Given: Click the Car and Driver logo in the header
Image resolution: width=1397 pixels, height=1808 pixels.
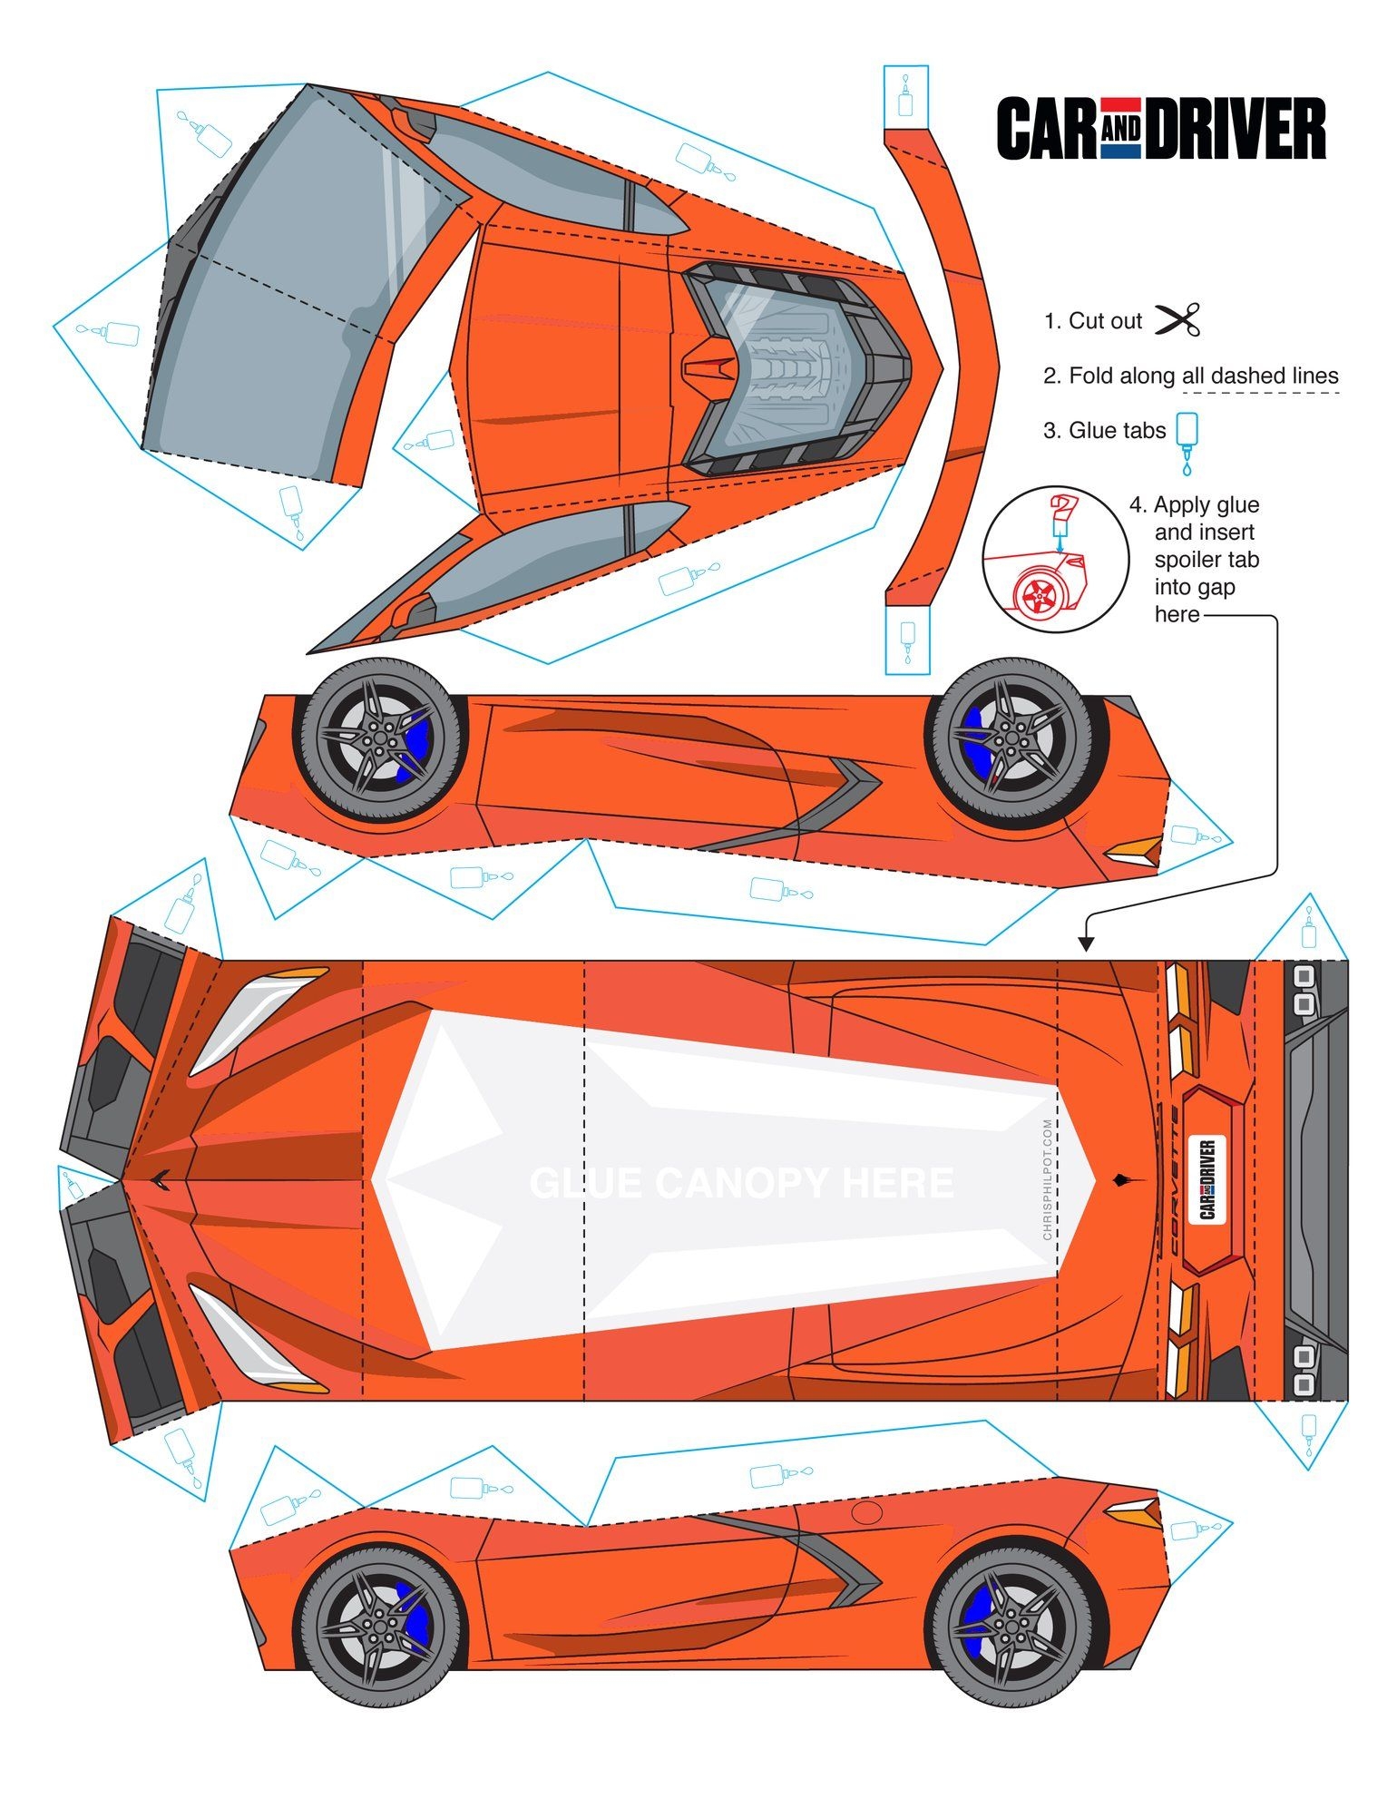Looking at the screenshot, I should click(1160, 129).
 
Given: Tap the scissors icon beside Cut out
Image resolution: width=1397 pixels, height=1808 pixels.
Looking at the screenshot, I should click(1177, 320).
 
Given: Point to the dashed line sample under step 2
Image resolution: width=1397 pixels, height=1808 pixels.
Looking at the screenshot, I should click(1261, 393).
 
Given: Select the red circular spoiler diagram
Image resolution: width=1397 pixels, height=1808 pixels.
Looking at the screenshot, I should click(1055, 559).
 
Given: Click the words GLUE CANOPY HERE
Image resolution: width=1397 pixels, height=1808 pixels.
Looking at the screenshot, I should click(741, 1183).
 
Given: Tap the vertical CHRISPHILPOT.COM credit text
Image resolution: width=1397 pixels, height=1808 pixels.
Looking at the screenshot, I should click(1048, 1178).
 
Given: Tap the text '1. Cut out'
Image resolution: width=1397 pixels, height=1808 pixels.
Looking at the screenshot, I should click(1092, 321).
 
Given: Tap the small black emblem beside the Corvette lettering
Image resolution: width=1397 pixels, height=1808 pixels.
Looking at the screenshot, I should click(1119, 1179).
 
